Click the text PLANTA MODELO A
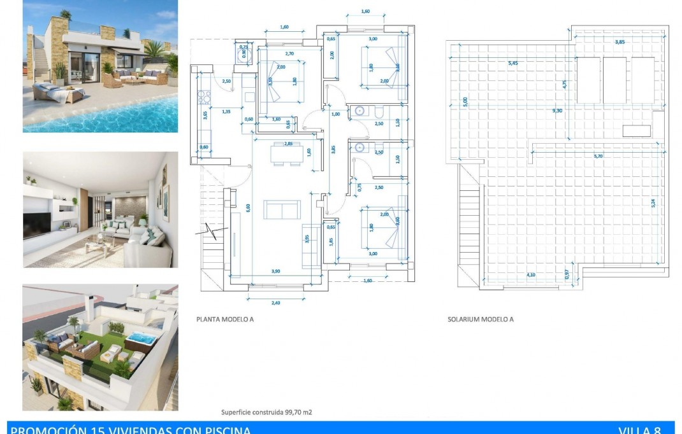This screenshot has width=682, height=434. point(225,320)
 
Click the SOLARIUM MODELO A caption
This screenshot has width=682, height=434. point(480,320)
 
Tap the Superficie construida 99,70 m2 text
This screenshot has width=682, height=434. point(266,412)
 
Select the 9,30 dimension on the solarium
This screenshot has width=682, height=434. point(557,110)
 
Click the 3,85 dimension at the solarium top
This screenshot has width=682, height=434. point(619,42)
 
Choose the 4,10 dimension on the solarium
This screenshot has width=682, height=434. point(530,275)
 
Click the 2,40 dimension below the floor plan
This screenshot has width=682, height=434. point(275,303)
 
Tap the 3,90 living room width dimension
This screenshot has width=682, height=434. point(275,271)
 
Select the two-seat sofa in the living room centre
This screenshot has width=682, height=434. point(282,209)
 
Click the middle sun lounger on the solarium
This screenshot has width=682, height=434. point(614,80)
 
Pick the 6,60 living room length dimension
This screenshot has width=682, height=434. point(249,206)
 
